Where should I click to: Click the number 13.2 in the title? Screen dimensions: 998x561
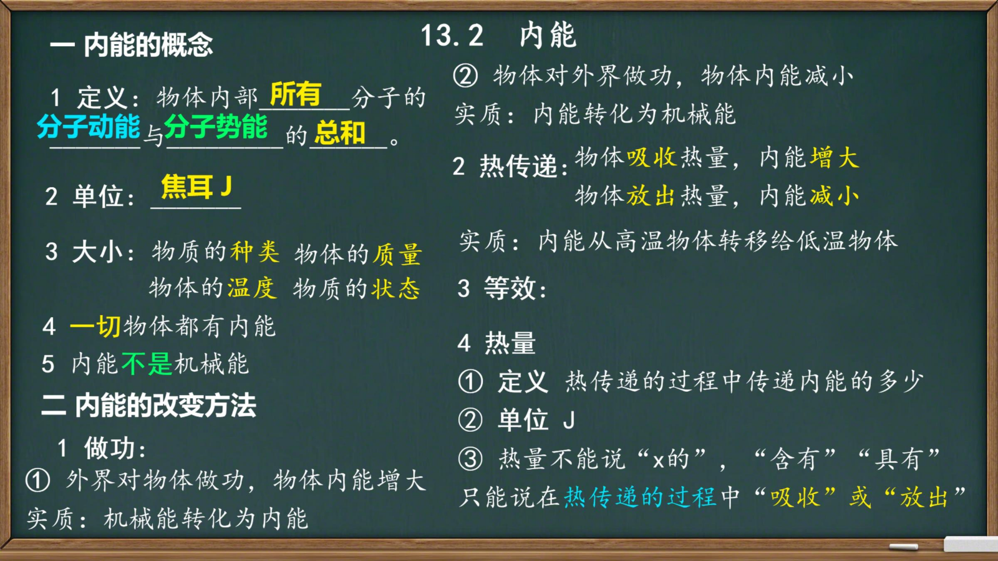[x=452, y=36]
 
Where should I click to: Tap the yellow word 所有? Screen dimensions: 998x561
[x=296, y=94]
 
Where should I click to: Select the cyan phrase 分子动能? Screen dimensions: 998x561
[x=88, y=127]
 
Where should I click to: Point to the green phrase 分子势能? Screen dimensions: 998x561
[x=216, y=127]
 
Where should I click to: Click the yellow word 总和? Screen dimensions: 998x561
[x=340, y=133]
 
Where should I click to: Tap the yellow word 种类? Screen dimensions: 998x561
[x=255, y=252]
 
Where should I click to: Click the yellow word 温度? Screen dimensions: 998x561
[x=252, y=288]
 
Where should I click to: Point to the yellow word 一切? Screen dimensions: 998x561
[x=95, y=326]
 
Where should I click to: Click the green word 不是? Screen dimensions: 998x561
[x=147, y=364]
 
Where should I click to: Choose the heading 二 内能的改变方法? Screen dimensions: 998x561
[x=149, y=406]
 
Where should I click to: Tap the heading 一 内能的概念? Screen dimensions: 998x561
[x=132, y=45]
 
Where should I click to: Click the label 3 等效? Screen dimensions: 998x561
[x=502, y=288]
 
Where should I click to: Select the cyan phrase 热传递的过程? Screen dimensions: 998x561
[x=640, y=497]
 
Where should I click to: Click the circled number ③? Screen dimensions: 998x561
[x=470, y=459]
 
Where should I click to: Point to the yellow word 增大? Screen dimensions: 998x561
[x=835, y=158]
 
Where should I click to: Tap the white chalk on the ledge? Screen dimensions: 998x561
[x=904, y=547]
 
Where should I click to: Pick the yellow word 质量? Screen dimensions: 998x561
[x=397, y=255]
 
